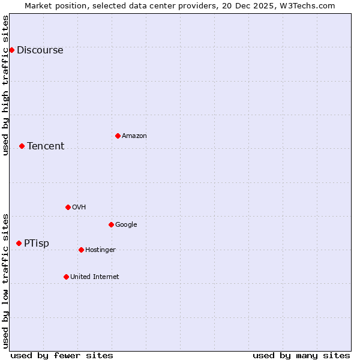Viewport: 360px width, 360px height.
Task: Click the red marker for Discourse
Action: click(x=11, y=50)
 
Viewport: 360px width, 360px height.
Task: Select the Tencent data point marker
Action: click(x=22, y=146)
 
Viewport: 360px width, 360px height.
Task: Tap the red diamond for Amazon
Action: click(x=118, y=136)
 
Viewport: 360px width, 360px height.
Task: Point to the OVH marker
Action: click(x=68, y=207)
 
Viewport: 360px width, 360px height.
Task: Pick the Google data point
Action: click(x=111, y=224)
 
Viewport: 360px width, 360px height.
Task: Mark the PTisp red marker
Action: click(x=19, y=243)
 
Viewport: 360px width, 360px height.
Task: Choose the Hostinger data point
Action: click(x=81, y=250)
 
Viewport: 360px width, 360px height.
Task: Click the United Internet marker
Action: click(x=66, y=277)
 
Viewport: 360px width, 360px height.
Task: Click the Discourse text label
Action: click(x=40, y=50)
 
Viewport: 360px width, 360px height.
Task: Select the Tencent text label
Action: click(x=46, y=146)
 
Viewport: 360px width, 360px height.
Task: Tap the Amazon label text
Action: click(x=134, y=136)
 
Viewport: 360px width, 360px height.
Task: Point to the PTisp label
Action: click(x=37, y=244)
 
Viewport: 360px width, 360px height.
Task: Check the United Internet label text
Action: click(x=95, y=277)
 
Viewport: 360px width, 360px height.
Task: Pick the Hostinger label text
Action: click(x=100, y=250)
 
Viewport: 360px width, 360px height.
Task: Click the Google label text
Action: click(x=126, y=225)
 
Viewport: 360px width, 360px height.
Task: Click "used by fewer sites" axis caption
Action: click(x=62, y=355)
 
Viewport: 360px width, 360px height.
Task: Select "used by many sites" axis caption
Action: click(x=301, y=355)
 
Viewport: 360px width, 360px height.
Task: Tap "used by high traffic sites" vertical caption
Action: click(x=6, y=85)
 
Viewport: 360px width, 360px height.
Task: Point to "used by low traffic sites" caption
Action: click(x=6, y=281)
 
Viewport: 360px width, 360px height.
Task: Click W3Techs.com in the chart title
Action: click(x=308, y=5)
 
